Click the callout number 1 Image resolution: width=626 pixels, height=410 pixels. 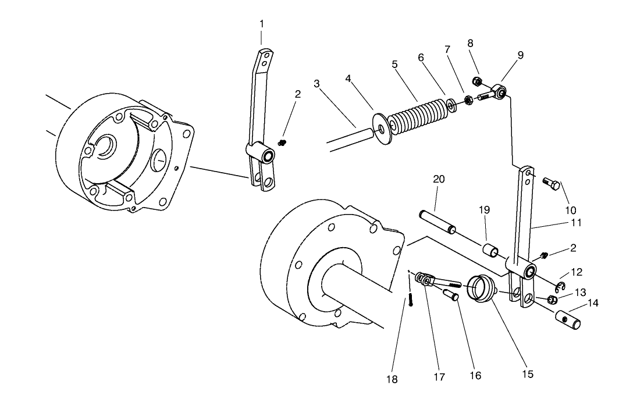click(261, 24)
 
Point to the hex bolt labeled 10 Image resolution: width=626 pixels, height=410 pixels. click(553, 184)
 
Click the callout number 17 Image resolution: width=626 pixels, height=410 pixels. click(439, 377)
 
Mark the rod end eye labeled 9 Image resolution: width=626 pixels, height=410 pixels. click(500, 91)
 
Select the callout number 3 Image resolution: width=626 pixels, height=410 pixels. click(316, 83)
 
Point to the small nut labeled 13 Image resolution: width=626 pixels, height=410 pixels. click(553, 300)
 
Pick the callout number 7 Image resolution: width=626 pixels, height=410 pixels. click(447, 49)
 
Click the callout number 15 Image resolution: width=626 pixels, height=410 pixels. click(527, 374)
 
